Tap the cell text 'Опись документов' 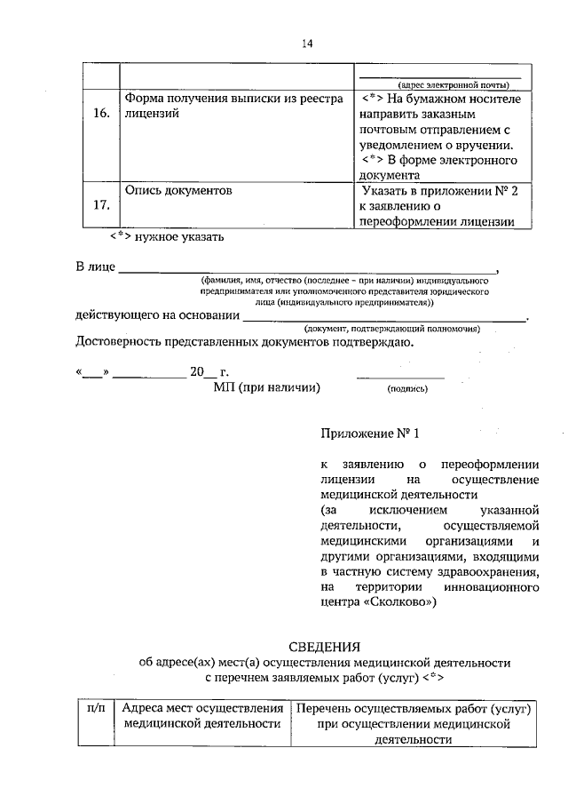click(177, 190)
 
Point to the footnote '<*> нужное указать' click(167, 237)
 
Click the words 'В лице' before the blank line click(94, 267)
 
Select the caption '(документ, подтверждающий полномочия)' click(391, 329)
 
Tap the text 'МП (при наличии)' click(265, 387)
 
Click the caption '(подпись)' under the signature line click(407, 389)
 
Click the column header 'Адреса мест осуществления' click(202, 709)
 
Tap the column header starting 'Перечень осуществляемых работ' click(414, 709)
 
